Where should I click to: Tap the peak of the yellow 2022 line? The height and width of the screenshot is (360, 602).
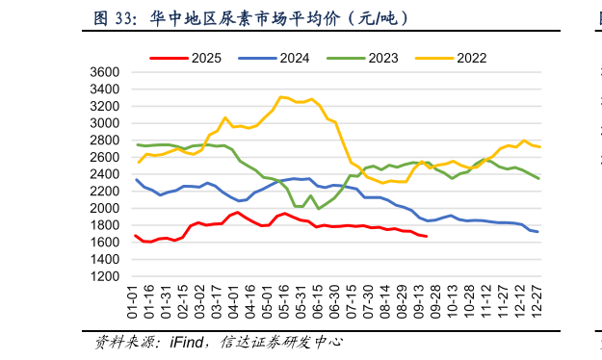point(280,97)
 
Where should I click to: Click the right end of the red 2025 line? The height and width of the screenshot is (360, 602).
point(427,236)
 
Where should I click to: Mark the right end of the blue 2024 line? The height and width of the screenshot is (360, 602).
point(537,232)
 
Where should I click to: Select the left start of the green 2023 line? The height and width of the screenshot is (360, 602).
point(137,144)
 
